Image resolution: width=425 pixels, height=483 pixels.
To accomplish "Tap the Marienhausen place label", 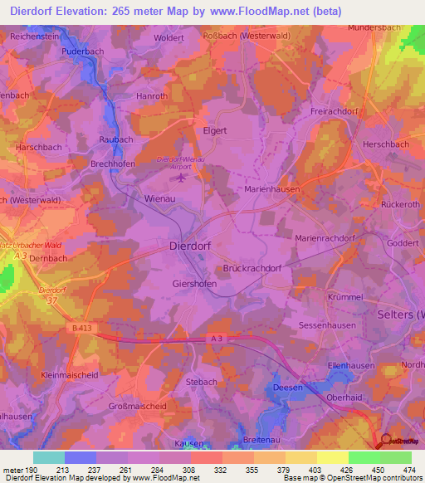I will (272, 189).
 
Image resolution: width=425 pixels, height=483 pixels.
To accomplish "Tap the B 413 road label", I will (81, 329).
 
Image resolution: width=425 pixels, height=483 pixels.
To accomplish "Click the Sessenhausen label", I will (326, 325).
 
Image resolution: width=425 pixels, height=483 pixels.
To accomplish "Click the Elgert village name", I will (215, 130).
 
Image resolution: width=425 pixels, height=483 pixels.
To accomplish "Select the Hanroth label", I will (152, 96).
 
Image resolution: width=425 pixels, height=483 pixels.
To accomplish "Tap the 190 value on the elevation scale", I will (32, 470).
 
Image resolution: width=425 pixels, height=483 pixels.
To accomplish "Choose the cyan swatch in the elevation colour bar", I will (49, 457).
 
